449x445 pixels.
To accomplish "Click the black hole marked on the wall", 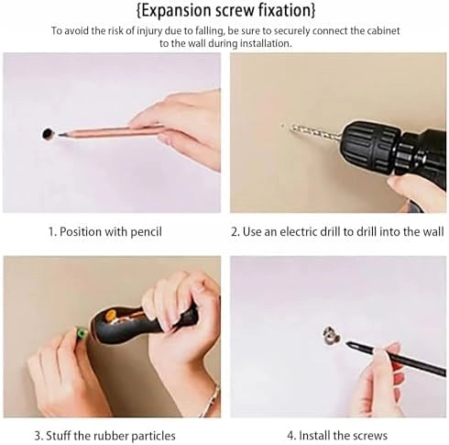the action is pyautogui.click(x=48, y=134).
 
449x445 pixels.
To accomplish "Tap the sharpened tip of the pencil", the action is pyautogui.click(x=58, y=135).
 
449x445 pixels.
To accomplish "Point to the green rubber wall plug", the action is pyautogui.click(x=81, y=332).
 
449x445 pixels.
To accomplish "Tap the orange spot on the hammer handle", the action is pyautogui.click(x=112, y=315).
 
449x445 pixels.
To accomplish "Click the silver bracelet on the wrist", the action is pyautogui.click(x=211, y=401).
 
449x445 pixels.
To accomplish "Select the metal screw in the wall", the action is pyautogui.click(x=332, y=334).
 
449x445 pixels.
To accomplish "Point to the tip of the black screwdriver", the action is pyautogui.click(x=348, y=344).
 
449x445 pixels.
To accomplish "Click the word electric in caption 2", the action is pyautogui.click(x=299, y=231).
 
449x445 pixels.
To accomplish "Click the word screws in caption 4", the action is pyautogui.click(x=370, y=436).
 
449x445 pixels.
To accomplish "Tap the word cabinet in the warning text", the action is pyautogui.click(x=383, y=31).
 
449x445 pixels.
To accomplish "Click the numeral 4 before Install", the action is pyautogui.click(x=290, y=435).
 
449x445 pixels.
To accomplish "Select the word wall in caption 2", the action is pyautogui.click(x=433, y=231).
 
